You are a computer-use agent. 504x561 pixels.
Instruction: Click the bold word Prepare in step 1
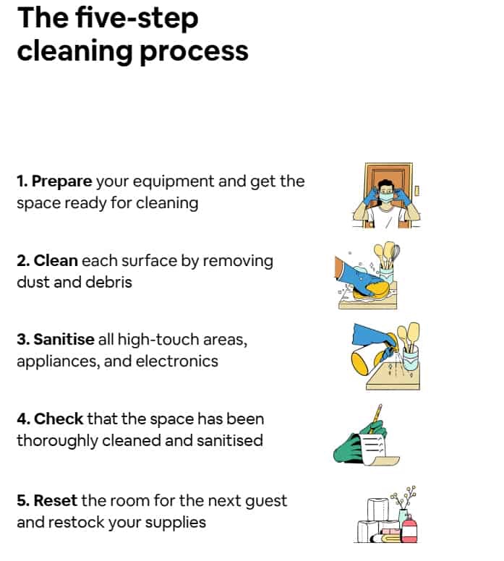pos(62,181)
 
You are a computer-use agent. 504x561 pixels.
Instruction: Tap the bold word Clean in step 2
pos(56,260)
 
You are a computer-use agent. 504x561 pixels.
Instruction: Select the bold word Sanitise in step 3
pos(64,339)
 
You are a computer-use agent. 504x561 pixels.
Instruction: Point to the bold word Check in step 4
pos(59,419)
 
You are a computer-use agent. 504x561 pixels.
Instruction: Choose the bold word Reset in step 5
pos(55,500)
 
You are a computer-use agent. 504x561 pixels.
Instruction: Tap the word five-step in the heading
pos(137,19)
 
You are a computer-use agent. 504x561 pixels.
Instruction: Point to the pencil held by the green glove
pos(376,417)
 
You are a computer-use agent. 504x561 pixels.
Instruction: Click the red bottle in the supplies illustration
pos(409,528)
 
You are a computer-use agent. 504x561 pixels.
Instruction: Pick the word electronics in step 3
pos(177,361)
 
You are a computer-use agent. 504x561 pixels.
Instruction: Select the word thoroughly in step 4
pos(57,441)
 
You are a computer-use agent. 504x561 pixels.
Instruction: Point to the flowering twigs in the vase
pos(403,498)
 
